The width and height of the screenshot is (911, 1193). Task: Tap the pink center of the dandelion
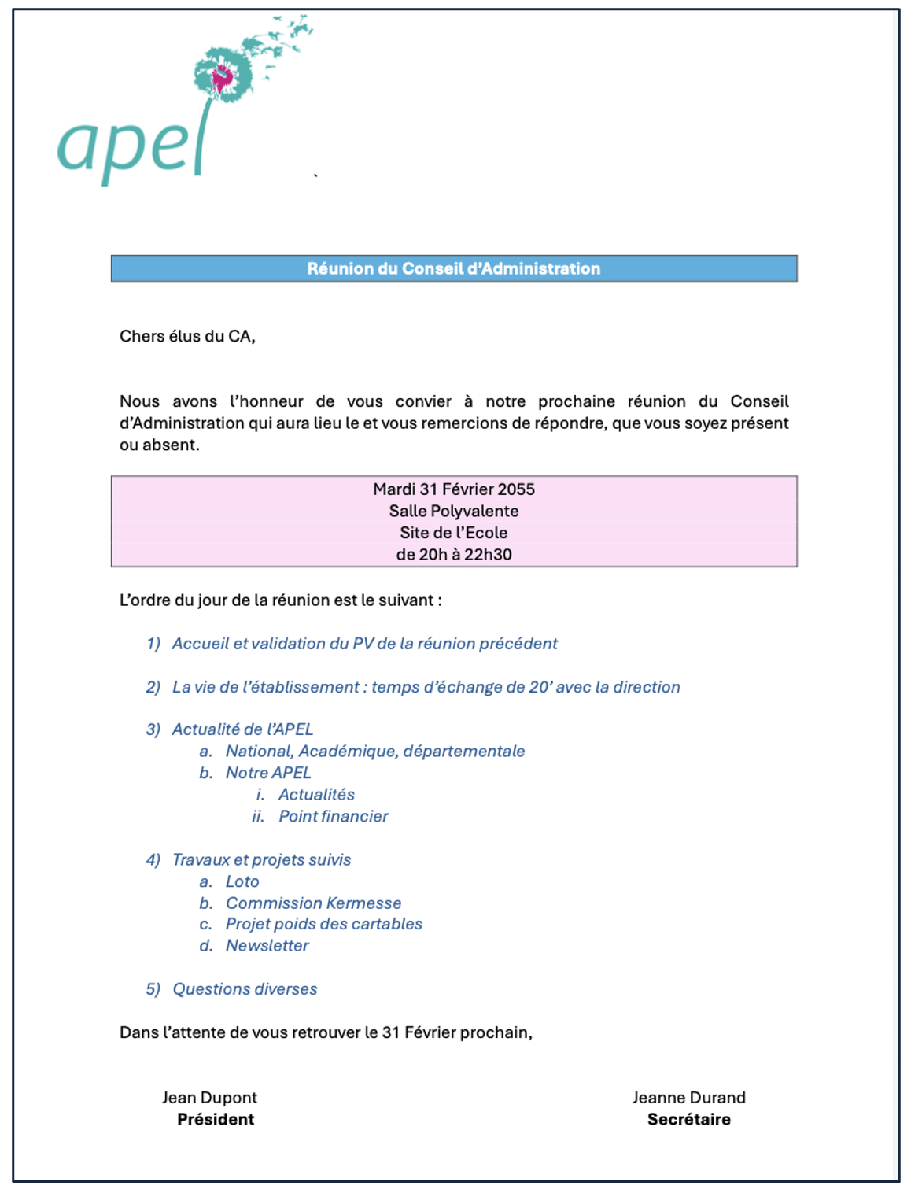click(223, 76)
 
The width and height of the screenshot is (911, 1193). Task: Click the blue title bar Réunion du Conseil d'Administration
click(453, 268)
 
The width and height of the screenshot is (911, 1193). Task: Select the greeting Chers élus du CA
click(187, 336)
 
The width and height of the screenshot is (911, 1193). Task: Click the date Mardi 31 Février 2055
click(453, 489)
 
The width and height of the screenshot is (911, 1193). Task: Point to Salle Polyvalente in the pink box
click(453, 511)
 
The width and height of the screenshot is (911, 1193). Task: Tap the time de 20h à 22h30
click(453, 554)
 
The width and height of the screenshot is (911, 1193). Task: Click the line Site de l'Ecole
click(453, 533)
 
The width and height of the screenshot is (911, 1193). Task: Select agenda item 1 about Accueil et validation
click(364, 644)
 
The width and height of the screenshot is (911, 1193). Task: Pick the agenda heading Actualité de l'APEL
click(242, 729)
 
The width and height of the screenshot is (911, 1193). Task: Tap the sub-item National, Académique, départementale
click(374, 751)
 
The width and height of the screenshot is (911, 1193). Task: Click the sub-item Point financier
click(333, 816)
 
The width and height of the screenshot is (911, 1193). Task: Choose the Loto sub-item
click(242, 881)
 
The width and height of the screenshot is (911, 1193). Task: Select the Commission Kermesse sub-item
click(313, 903)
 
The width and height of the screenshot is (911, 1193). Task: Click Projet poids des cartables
click(323, 924)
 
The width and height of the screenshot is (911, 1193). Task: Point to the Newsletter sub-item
click(267, 945)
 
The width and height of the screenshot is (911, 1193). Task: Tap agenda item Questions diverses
click(245, 989)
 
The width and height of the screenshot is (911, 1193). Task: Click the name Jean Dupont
click(209, 1097)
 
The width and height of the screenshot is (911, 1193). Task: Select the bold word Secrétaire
click(688, 1119)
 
